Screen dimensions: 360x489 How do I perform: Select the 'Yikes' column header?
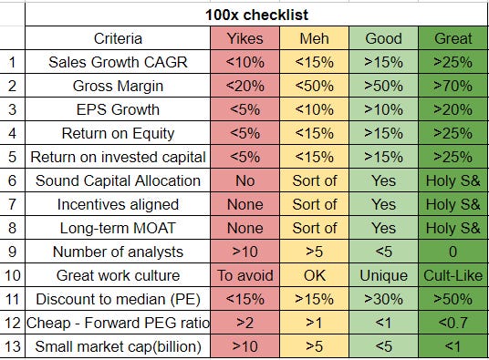(x=244, y=39)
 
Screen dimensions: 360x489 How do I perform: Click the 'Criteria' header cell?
(x=119, y=39)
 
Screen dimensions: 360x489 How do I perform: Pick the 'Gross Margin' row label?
(x=119, y=87)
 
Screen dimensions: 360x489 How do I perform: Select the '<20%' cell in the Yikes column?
(x=244, y=87)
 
